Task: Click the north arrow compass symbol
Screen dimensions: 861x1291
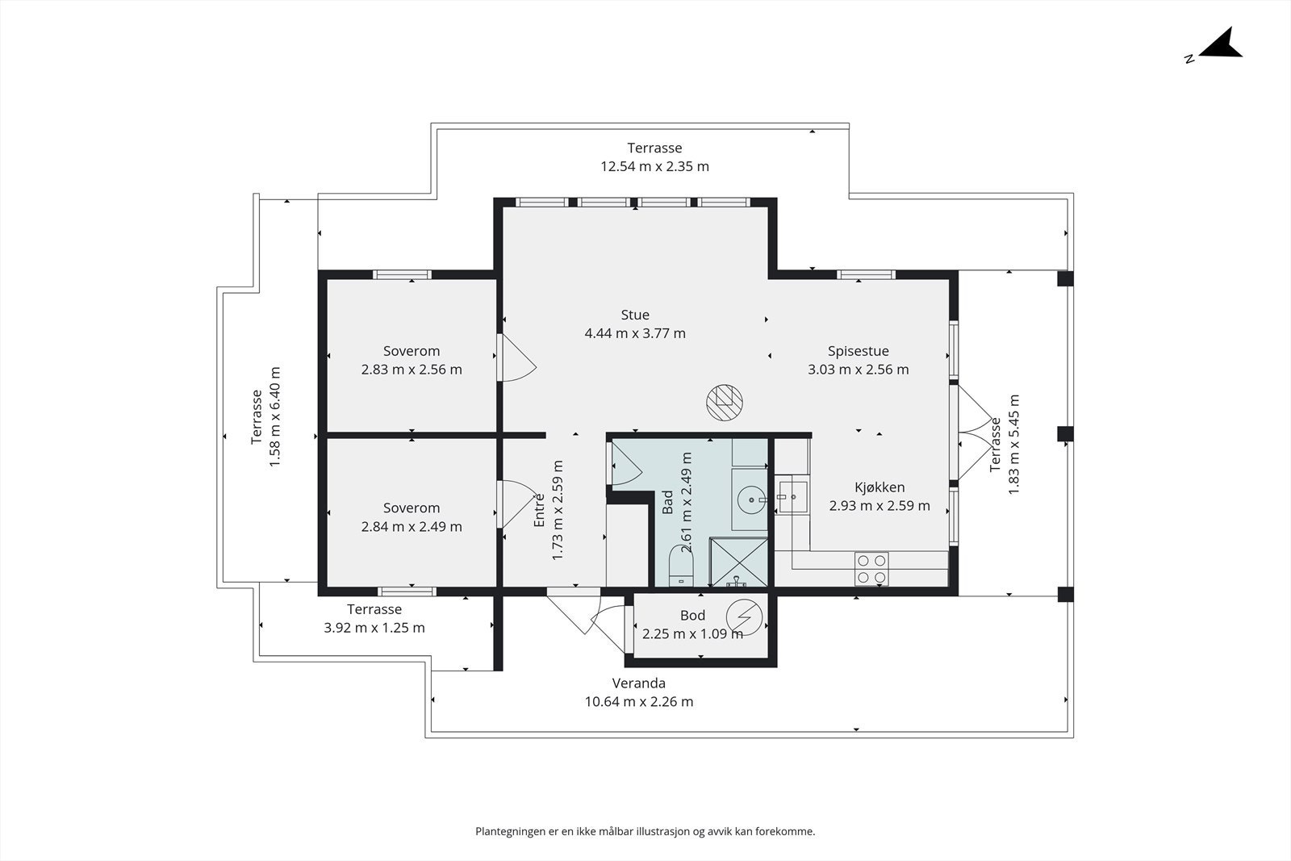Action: [1220, 45]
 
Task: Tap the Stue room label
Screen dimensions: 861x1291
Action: [635, 315]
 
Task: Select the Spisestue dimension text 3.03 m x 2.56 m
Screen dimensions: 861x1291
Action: [858, 370]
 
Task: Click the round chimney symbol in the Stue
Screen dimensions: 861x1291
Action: [724, 401]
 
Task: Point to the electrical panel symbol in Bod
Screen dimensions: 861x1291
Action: [743, 618]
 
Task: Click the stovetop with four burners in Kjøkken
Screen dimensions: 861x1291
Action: [871, 567]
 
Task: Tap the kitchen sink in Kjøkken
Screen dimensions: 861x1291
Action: [792, 493]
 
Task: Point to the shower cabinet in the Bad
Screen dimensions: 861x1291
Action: [738, 562]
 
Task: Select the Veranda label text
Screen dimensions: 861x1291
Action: [638, 683]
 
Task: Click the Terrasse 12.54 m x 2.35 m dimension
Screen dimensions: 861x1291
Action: [654, 167]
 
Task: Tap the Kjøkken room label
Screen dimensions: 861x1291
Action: [879, 487]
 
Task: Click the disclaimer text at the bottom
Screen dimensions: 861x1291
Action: [645, 831]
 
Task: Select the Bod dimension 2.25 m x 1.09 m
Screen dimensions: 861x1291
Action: [692, 634]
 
